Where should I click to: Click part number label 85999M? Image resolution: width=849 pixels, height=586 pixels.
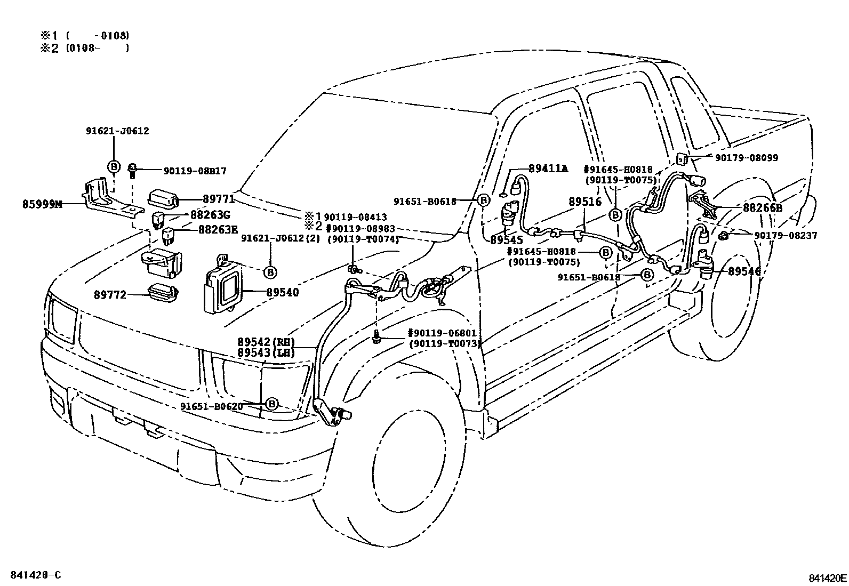(x=42, y=204)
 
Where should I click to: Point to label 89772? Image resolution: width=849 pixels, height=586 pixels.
(x=110, y=294)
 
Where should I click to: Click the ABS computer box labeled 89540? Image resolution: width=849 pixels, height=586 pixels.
(x=222, y=288)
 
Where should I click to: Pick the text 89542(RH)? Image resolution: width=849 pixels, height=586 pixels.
(x=266, y=342)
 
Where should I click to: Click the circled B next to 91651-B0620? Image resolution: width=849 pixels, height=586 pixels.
(x=271, y=404)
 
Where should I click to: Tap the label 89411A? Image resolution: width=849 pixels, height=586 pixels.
(x=548, y=168)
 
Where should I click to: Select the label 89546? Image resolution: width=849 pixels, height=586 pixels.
(x=744, y=271)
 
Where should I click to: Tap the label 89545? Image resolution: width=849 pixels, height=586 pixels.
(x=507, y=240)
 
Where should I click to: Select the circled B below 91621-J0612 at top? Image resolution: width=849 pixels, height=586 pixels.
(x=114, y=167)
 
